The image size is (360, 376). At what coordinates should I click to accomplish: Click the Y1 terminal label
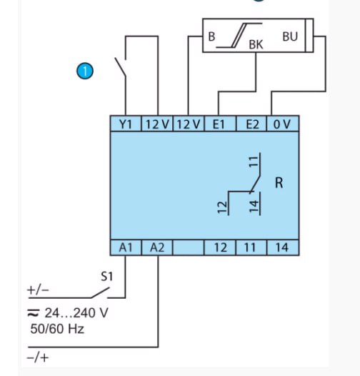126,124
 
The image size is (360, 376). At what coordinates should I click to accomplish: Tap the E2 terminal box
251,124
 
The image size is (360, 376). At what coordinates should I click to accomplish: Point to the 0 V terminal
283,124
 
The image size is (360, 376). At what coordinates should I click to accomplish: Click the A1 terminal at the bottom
126,247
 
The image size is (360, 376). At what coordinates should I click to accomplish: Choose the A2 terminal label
157,247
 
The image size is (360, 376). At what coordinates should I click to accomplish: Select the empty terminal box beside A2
188,247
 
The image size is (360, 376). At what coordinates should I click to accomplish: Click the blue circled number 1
85,71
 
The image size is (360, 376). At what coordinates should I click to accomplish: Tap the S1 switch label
106,276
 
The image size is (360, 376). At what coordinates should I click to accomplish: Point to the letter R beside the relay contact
279,183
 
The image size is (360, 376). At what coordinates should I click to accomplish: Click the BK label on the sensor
256,44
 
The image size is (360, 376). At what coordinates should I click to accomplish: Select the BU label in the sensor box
290,36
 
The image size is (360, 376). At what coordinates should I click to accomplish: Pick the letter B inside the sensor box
211,36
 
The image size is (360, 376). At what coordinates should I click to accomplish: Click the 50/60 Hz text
57,329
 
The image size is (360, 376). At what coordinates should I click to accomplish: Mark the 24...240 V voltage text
76,313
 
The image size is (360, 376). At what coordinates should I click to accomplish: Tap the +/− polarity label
38,290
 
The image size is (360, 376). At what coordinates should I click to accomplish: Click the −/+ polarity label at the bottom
38,358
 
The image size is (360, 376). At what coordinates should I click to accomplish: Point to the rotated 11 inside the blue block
254,161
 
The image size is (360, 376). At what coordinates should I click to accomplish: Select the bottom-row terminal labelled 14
283,247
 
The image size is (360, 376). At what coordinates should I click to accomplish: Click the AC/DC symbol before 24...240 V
34,313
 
